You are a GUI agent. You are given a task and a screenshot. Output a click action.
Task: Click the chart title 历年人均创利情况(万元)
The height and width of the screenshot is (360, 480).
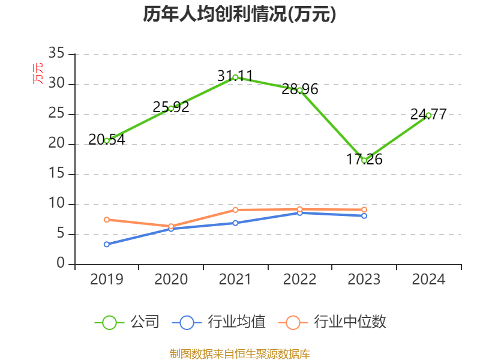point(239,14)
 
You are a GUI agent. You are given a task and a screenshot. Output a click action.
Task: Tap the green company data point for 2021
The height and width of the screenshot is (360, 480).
point(235,77)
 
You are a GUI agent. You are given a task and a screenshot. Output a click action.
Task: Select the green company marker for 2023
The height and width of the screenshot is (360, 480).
point(364,160)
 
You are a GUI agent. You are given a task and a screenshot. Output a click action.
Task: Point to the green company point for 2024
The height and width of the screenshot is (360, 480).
point(428,115)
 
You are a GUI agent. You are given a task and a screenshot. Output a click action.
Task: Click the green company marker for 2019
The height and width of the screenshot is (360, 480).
point(107,140)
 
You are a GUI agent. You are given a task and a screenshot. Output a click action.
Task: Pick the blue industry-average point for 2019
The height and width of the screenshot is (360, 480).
point(107,244)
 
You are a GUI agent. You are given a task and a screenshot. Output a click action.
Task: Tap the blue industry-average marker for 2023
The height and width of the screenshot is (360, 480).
point(364,215)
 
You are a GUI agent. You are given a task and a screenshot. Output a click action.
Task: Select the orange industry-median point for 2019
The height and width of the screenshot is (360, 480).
point(107,220)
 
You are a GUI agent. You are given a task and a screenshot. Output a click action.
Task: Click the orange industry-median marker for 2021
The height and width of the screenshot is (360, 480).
point(235,209)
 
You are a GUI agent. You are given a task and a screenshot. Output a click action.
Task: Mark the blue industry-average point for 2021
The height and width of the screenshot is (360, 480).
point(235,223)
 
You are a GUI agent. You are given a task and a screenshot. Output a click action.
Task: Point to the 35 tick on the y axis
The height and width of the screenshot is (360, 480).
point(56,54)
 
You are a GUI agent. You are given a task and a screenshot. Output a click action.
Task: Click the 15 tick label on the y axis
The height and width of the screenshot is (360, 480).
point(56,174)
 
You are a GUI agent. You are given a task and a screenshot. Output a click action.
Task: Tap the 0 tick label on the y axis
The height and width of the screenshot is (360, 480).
point(61,264)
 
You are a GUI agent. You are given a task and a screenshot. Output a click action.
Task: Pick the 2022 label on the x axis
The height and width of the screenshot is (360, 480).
point(299,280)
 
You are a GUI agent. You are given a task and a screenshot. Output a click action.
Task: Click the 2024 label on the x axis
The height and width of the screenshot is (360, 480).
point(428,280)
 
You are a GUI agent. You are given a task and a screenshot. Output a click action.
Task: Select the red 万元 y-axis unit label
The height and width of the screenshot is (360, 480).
point(38,73)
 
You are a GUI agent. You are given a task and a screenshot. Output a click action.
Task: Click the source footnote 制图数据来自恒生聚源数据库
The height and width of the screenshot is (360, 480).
point(239,353)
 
